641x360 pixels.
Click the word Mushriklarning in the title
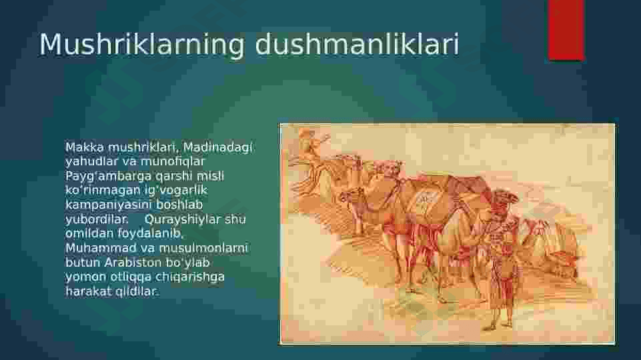point(141,45)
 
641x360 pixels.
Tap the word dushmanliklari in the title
point(358,44)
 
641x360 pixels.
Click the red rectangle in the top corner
point(566,30)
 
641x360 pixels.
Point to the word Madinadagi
point(217,147)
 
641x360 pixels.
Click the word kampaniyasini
point(109,205)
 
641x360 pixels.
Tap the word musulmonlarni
point(203,248)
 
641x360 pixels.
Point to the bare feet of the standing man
point(497,325)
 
